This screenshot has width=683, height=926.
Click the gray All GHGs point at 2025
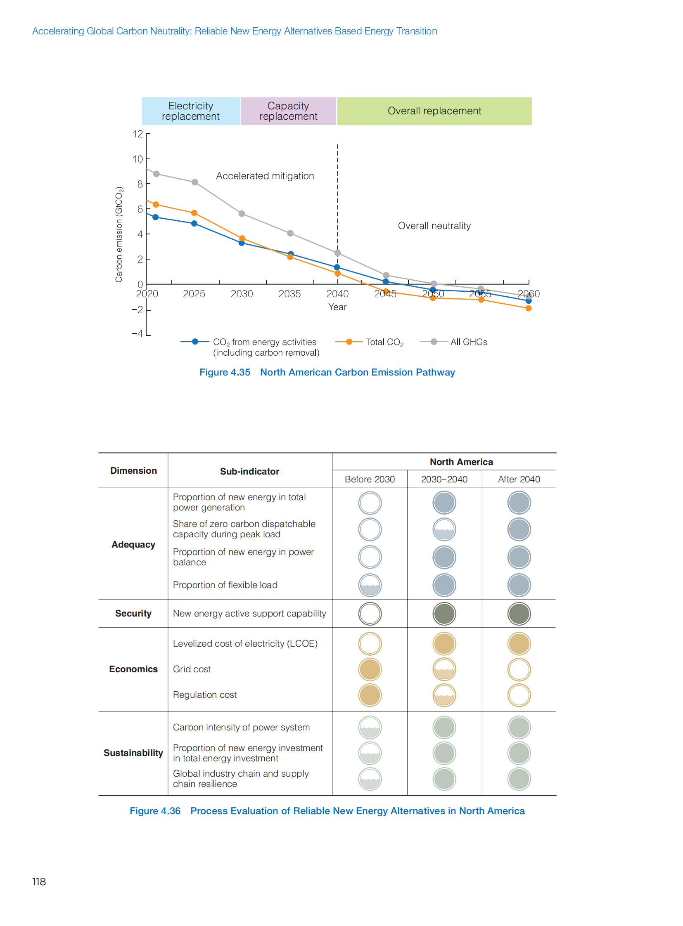[195, 182]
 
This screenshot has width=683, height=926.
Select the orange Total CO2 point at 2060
[529, 308]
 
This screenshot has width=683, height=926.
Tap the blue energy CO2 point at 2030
[242, 243]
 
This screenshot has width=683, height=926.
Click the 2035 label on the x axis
[289, 294]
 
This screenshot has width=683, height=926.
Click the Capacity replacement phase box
[288, 111]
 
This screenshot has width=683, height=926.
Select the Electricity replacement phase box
[191, 111]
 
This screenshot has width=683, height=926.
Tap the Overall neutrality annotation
[434, 226]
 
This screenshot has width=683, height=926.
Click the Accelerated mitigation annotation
[265, 176]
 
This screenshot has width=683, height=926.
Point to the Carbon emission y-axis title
[119, 234]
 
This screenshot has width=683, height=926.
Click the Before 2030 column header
[370, 480]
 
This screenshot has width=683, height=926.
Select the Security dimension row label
[133, 614]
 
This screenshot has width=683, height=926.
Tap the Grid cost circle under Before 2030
[370, 669]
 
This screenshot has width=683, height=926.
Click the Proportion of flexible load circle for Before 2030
[370, 585]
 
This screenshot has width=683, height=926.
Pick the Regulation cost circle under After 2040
[519, 695]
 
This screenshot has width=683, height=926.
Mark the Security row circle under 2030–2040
[444, 614]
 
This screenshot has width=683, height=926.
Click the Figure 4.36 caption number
[155, 811]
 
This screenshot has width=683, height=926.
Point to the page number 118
[39, 882]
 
